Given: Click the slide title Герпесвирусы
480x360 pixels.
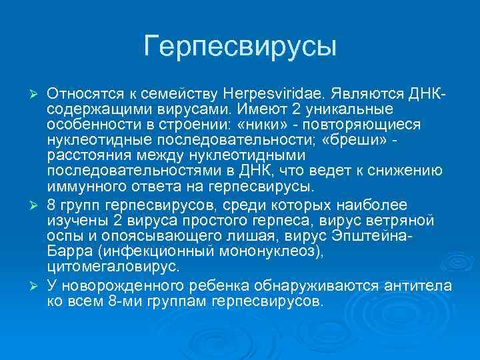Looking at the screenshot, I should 240,46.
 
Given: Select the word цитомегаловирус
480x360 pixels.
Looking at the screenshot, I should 113,267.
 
